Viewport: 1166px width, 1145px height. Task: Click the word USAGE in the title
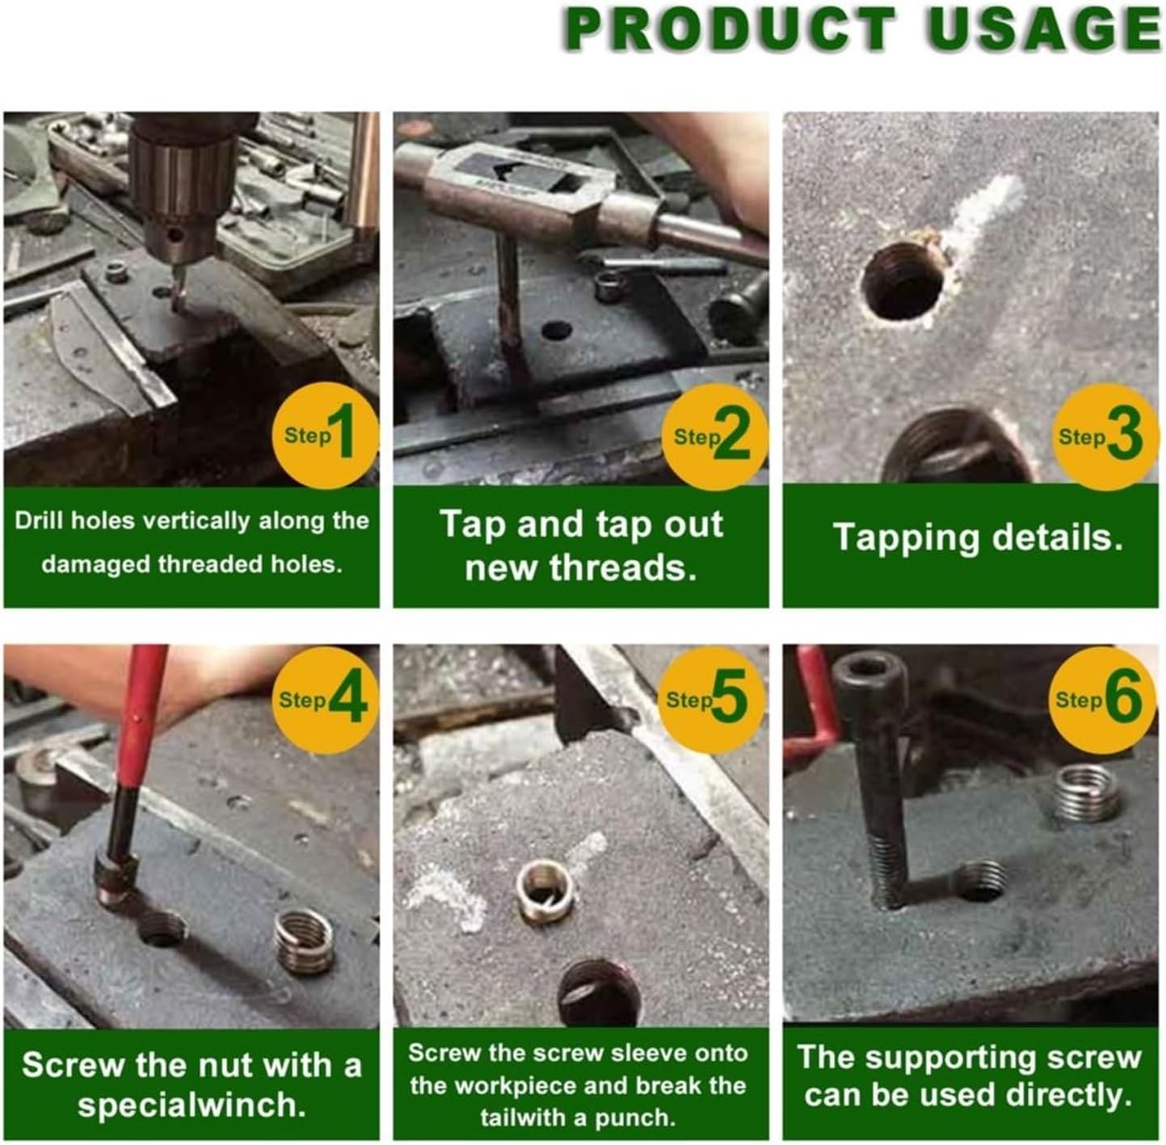(x=1043, y=30)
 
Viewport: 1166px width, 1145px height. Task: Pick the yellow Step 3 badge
(x=1104, y=436)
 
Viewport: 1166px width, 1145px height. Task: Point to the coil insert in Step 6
(x=1087, y=792)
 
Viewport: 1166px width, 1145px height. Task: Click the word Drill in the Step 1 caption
(x=40, y=520)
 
